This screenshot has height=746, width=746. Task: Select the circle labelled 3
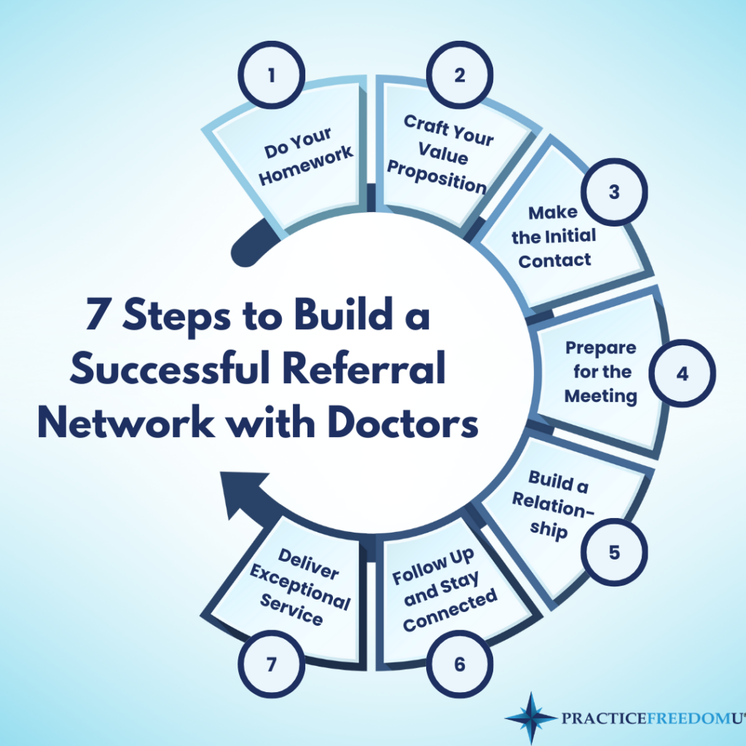coord(614,192)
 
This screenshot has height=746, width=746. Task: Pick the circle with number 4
coord(682,374)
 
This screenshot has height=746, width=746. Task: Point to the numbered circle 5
coord(614,551)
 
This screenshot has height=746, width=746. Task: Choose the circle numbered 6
coord(460,664)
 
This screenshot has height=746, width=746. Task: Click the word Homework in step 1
coord(307,166)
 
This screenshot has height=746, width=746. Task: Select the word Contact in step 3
coord(555,259)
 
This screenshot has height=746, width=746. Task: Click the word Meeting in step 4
coord(601,396)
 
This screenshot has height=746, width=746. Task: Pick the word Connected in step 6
coord(450,611)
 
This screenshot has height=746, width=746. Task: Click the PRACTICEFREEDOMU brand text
coord(651,720)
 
